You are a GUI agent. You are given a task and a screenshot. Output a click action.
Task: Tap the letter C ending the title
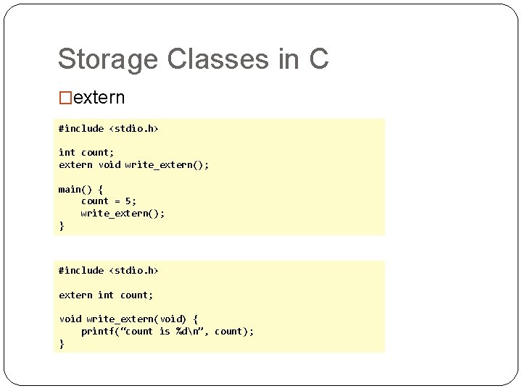pos(318,59)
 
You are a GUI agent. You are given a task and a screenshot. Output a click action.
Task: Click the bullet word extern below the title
pos(99,98)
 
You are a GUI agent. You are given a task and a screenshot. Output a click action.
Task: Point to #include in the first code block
pos(81,128)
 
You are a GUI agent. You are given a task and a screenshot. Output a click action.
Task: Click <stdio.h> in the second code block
pos(134,270)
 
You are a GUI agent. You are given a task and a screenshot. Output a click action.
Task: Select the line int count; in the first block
pos(86,152)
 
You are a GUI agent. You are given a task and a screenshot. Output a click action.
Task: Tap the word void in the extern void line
pos(109,164)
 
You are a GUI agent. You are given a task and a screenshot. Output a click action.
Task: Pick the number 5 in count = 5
pos(128,201)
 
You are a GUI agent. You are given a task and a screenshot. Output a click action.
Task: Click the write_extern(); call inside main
pos(123,213)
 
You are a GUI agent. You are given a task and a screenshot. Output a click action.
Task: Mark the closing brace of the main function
pos(62,225)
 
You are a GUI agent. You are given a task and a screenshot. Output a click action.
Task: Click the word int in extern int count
pos(106,295)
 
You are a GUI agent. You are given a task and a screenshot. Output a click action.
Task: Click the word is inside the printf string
pos(165,331)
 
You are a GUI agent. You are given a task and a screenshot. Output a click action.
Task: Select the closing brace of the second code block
pos(62,343)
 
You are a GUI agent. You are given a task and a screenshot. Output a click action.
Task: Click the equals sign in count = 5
pos(117,201)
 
